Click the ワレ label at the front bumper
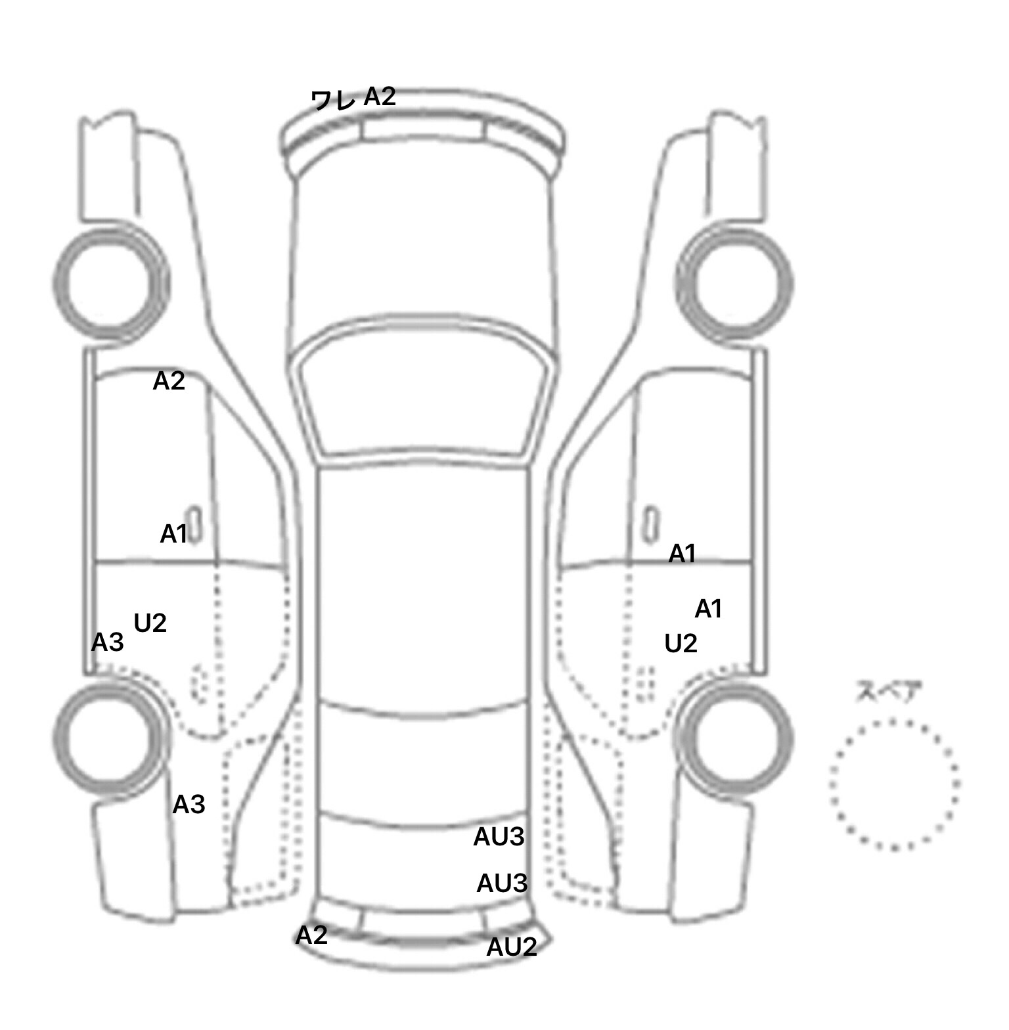coord(333,100)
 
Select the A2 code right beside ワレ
coord(380,97)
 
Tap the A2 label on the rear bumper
coord(311,935)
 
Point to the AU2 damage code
coord(512,947)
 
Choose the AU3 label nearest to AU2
coord(502,884)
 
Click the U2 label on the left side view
coord(150,623)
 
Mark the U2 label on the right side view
coord(681,644)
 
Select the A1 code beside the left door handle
coord(174,535)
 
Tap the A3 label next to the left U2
coord(107,642)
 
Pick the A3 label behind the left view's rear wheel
coord(189,804)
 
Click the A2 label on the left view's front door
coord(169,381)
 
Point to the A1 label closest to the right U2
coord(708,610)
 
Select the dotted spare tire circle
coord(895,784)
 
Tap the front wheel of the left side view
coord(110,282)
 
